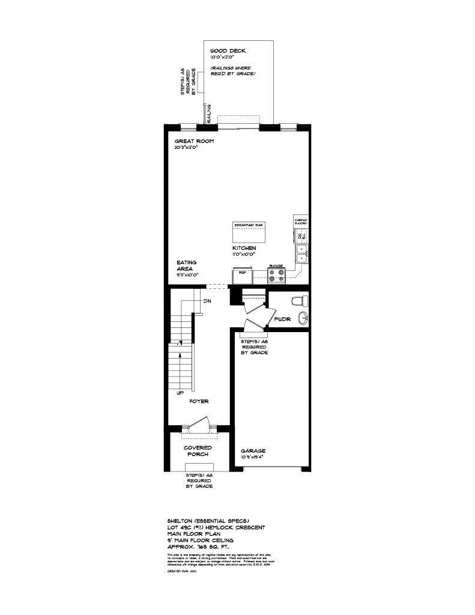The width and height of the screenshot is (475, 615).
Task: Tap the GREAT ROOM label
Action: [195, 141]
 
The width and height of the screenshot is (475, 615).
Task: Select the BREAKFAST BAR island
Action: [249, 231]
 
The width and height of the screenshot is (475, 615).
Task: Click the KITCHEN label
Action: [244, 248]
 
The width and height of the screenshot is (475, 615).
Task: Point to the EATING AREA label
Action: [187, 266]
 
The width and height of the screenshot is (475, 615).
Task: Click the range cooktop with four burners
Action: [276, 276]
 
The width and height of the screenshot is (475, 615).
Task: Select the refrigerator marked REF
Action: [242, 275]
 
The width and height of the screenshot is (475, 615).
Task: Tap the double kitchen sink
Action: [301, 254]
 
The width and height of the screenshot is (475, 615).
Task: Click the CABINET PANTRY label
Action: [300, 222]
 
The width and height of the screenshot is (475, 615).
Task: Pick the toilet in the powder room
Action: [298, 300]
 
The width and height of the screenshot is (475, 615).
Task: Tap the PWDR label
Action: [282, 320]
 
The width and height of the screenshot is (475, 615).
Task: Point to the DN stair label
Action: [207, 301]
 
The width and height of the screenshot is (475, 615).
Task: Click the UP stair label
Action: [180, 393]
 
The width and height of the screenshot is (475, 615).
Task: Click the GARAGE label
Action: [253, 450]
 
